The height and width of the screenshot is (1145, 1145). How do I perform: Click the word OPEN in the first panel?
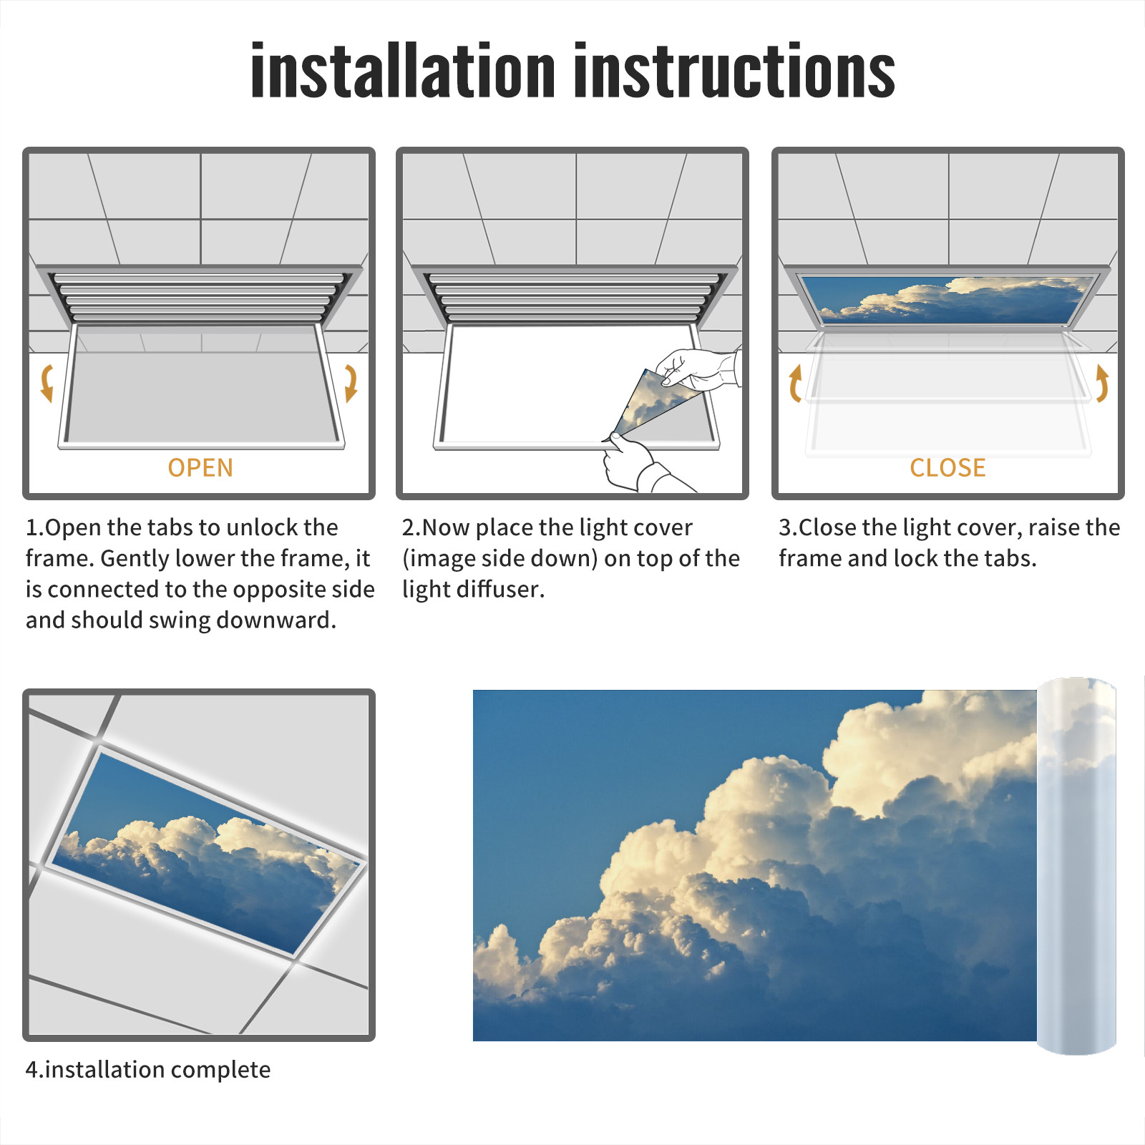pyautogui.click(x=200, y=468)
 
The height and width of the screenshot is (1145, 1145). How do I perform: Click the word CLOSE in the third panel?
pyautogui.click(x=947, y=468)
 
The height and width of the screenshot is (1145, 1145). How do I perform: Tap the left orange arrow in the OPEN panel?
pyautogui.click(x=47, y=383)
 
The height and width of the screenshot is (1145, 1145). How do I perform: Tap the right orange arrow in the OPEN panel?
pyautogui.click(x=351, y=383)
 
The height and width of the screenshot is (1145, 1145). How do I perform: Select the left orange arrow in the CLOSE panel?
pyautogui.click(x=794, y=383)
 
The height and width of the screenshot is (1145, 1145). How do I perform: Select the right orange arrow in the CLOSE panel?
pyautogui.click(x=1102, y=383)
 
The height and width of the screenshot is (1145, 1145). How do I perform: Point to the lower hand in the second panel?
pyautogui.click(x=637, y=464)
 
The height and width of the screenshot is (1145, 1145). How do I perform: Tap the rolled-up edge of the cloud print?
pyautogui.click(x=1076, y=866)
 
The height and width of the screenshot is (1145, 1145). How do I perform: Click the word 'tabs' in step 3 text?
pyautogui.click(x=1010, y=558)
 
